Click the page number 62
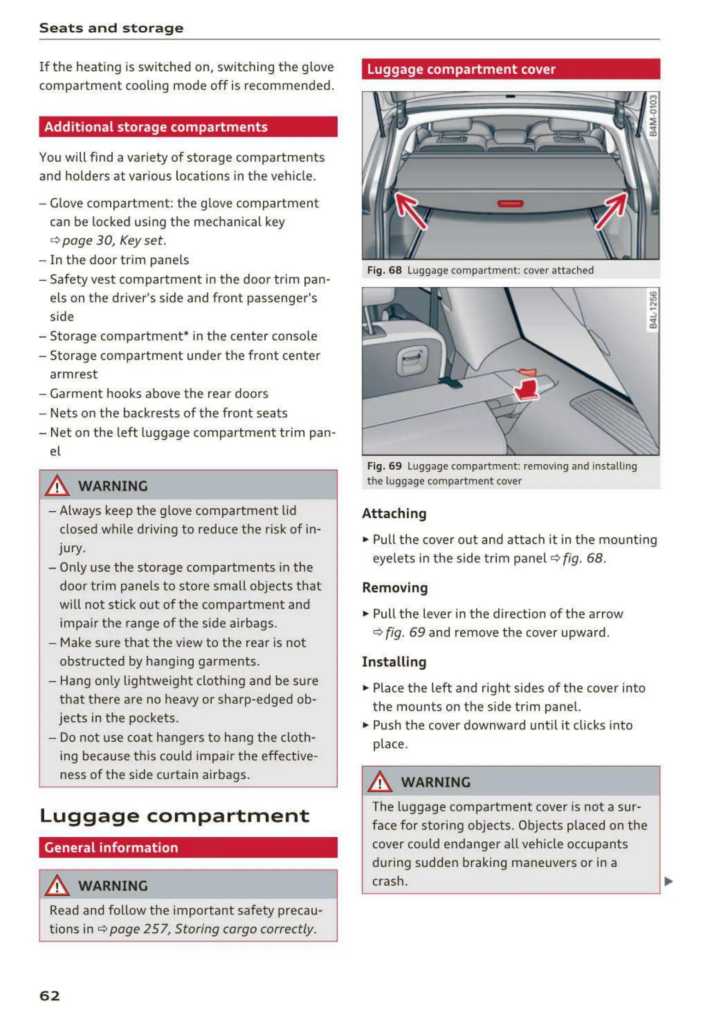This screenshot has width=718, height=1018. (50, 995)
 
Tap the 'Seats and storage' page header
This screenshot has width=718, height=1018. (111, 28)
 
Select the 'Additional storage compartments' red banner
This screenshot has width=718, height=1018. (188, 127)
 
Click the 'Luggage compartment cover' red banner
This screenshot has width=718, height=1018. (510, 69)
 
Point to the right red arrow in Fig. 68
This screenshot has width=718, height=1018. (611, 211)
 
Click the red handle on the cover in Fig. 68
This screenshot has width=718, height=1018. (510, 204)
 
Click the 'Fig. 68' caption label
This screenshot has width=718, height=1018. (384, 270)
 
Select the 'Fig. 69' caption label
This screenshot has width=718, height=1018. (384, 466)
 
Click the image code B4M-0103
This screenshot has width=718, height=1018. (653, 115)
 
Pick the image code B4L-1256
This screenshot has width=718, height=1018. (653, 310)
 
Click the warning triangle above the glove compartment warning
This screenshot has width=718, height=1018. (57, 486)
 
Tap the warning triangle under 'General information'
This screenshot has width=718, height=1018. (57, 885)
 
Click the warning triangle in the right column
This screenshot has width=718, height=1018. (380, 782)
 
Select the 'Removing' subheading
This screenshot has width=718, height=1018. (395, 588)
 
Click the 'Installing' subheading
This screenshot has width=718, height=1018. (394, 662)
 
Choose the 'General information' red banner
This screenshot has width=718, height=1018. (188, 847)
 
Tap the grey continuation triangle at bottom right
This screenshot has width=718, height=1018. (668, 882)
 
